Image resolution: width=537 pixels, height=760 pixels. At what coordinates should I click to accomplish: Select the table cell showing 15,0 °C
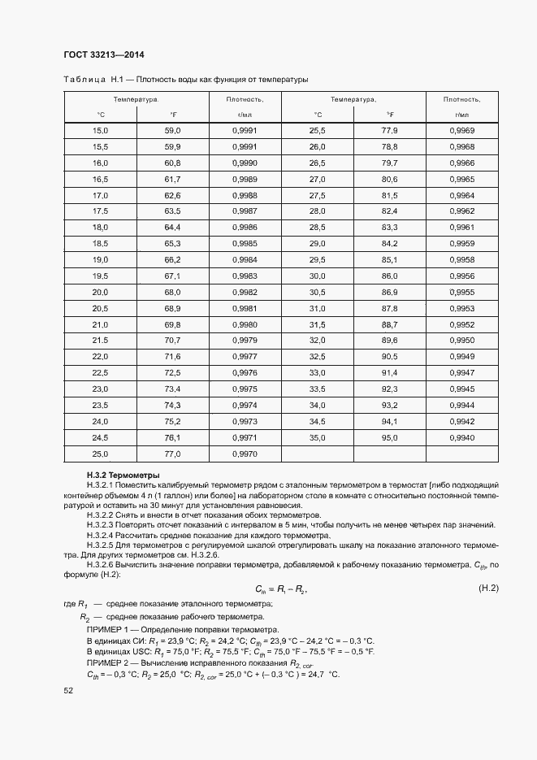click(101, 131)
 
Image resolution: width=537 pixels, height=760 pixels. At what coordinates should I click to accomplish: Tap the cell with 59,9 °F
click(172, 146)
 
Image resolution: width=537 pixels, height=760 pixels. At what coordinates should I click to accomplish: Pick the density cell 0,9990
click(245, 163)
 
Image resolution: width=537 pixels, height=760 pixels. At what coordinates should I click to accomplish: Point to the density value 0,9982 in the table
click(245, 292)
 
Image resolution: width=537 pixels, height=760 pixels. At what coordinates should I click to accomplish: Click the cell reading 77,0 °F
click(172, 454)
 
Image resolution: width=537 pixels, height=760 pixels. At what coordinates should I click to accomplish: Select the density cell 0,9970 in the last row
click(245, 454)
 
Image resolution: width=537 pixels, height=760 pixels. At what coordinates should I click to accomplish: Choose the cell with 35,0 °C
click(317, 437)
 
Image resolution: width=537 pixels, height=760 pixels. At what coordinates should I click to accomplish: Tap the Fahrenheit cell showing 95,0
click(389, 437)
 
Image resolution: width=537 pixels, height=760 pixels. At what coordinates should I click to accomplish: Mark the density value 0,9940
click(461, 437)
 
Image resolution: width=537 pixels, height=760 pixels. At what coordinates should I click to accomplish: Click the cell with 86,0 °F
click(389, 276)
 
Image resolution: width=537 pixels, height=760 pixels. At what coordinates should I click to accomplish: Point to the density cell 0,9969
click(461, 131)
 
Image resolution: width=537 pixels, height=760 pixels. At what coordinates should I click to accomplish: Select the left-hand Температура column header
click(136, 99)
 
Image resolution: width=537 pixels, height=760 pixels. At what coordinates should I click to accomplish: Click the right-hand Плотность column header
click(461, 99)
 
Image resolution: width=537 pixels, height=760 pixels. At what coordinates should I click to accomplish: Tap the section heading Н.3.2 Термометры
click(123, 475)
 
